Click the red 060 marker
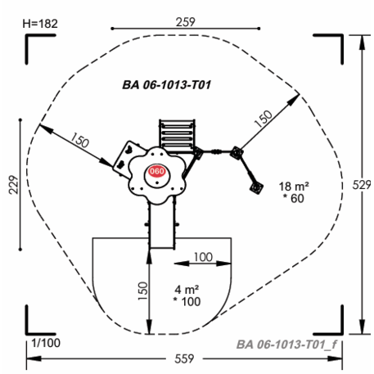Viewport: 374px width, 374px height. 156,171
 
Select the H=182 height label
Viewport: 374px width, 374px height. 40,24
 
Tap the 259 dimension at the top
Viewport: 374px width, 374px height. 186,22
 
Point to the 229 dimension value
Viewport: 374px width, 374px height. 14,185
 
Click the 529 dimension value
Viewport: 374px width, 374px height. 362,185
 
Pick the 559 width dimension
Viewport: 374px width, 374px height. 184,358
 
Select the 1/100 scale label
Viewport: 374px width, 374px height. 46,343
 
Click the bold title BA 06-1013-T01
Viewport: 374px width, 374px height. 167,85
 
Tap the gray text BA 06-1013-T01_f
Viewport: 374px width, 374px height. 286,345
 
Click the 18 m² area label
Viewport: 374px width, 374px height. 294,187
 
